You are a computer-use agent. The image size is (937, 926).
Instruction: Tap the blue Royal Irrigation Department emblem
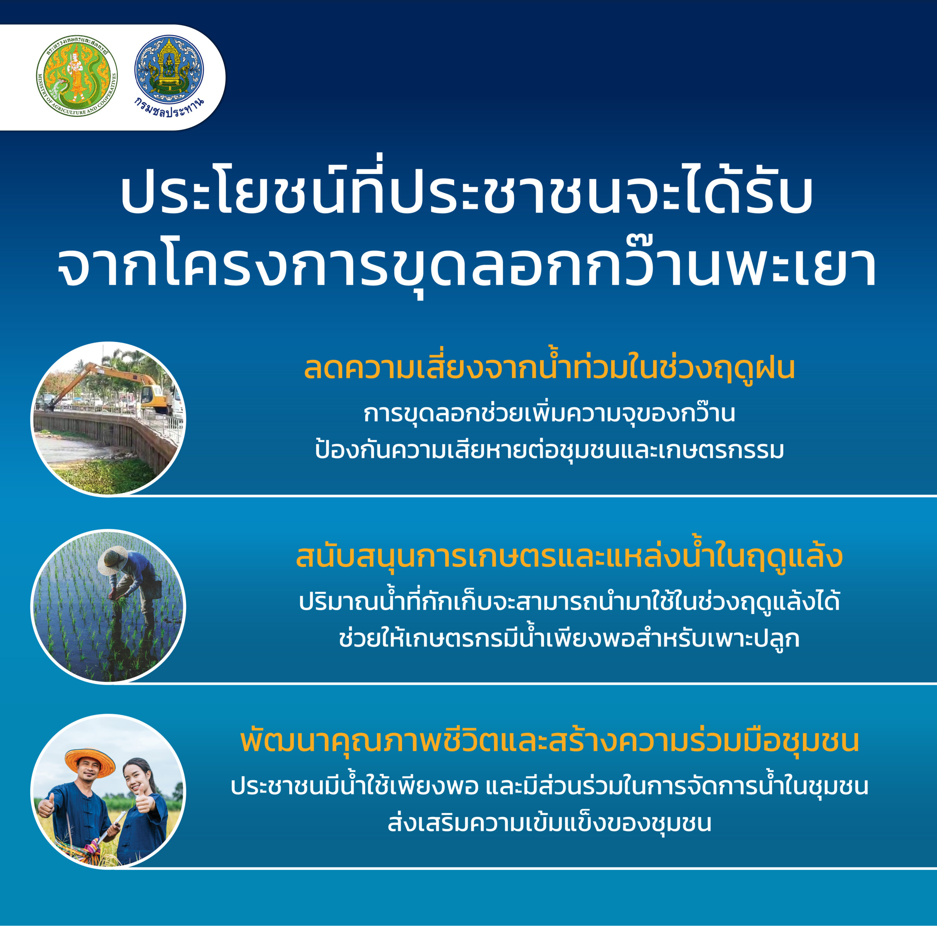pyautogui.click(x=169, y=69)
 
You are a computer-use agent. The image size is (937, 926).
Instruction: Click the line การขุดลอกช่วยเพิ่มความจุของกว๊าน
pyautogui.click(x=549, y=414)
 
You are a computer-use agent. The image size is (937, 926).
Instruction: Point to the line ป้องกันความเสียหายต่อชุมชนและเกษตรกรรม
pyautogui.click(x=549, y=450)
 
